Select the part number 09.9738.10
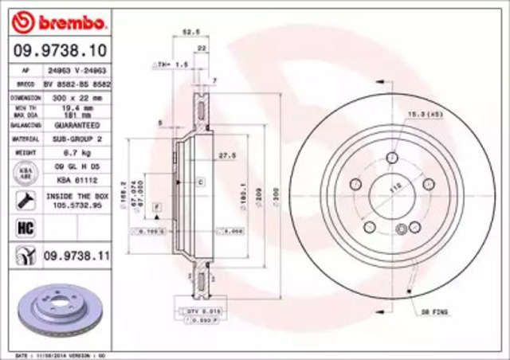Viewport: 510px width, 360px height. tap(57, 50)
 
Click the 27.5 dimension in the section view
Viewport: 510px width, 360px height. tap(225, 155)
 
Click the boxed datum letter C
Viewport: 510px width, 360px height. tap(200, 182)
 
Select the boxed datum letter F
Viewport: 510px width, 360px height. tap(157, 207)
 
